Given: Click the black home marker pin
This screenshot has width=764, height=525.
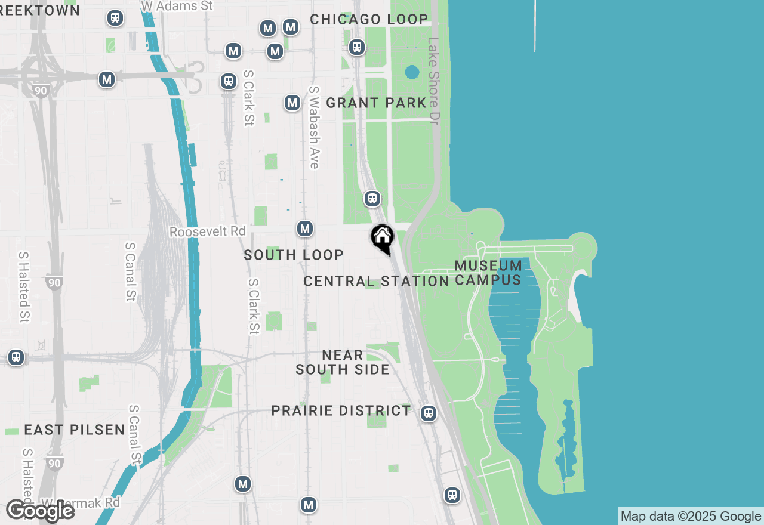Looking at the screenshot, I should [382, 237].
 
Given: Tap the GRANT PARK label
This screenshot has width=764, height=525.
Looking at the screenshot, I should [376, 103].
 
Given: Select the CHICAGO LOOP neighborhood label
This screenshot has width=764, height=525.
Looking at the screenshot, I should [369, 19].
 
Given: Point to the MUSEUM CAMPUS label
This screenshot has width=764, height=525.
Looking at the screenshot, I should [488, 273].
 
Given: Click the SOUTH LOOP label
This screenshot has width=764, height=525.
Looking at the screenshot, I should [294, 255].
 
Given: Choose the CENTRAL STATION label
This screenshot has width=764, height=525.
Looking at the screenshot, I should [376, 281].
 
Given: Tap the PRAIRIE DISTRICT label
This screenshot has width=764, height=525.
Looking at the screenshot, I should [341, 410].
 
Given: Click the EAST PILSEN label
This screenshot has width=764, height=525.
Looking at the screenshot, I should [75, 430].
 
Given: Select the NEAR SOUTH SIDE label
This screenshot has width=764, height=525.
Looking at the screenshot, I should [343, 362].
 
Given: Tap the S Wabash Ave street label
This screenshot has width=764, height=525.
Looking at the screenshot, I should [314, 127].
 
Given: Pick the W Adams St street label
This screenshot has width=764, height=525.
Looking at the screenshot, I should [177, 5].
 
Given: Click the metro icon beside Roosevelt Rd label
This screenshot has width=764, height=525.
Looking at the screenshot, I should [305, 228].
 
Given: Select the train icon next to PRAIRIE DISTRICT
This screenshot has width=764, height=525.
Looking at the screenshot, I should [428, 413].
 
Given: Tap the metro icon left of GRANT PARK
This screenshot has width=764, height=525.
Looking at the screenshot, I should [292, 103].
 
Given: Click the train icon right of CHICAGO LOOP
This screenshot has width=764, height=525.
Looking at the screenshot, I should [357, 47].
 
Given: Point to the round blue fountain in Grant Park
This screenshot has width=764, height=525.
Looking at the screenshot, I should [412, 73].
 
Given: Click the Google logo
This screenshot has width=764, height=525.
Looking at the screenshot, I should [40, 511].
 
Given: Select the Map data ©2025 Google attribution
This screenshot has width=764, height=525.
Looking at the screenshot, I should [691, 517].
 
